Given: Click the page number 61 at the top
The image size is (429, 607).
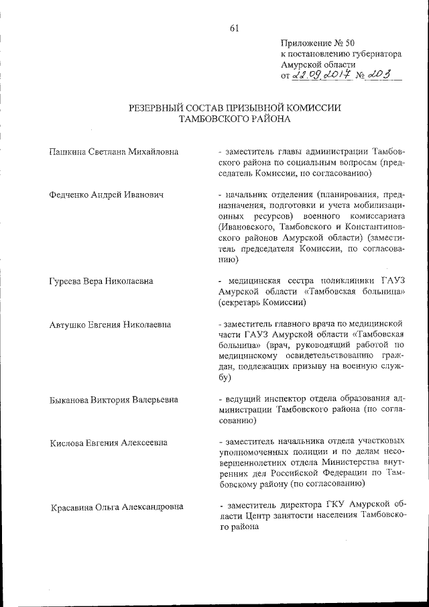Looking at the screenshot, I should (234, 27).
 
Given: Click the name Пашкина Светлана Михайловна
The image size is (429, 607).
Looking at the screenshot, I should (114, 152).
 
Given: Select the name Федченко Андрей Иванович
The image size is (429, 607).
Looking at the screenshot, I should (107, 195).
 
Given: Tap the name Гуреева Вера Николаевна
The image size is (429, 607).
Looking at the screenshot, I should (101, 281).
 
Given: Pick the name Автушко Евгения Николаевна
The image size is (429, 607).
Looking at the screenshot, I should (110, 325).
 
